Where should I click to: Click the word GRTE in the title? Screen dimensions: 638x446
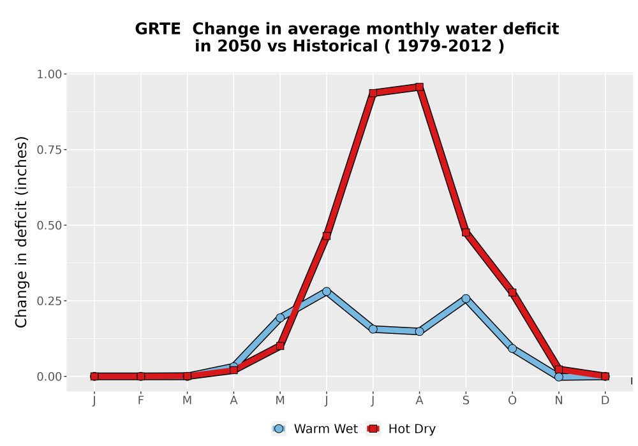(x=158, y=29)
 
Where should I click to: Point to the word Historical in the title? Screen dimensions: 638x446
(x=336, y=46)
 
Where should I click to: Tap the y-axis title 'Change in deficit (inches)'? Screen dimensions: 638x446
(x=21, y=232)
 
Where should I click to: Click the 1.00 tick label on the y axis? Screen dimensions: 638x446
(x=49, y=75)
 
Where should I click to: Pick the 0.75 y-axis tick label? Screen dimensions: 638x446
(x=49, y=150)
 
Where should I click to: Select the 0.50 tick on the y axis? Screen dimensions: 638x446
(x=49, y=226)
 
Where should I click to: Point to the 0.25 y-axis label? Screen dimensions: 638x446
(x=49, y=301)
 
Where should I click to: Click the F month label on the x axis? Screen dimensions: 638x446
(x=141, y=401)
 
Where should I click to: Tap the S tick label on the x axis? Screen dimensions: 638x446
(x=466, y=401)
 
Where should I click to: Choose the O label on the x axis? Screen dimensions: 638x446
(x=512, y=401)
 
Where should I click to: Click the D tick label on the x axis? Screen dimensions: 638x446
(x=605, y=401)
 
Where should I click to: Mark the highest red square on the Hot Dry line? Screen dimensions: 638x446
(x=420, y=87)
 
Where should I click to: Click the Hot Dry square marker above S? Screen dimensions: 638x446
(x=466, y=233)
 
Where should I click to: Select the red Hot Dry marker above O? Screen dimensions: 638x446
(x=512, y=292)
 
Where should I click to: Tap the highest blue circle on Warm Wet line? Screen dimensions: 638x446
(x=326, y=291)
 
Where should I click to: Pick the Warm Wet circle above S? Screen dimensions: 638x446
(x=466, y=299)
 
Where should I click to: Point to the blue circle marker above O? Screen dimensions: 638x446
(x=512, y=349)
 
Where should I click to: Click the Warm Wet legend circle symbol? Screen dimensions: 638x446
(x=279, y=429)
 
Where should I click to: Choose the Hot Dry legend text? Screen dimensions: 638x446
(x=412, y=429)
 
